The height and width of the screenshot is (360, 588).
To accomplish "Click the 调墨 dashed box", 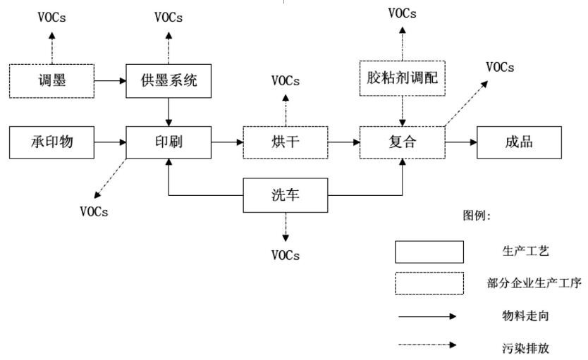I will point(51,80).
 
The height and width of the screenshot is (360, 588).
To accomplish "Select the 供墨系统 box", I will point(168,80).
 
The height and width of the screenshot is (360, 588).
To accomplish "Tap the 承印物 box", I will point(51,143).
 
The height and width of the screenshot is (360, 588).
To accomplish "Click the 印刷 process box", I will point(168,143).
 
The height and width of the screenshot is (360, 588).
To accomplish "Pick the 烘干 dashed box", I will point(285,143).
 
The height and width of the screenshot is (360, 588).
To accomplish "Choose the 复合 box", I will point(402,143).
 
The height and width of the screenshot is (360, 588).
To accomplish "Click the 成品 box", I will point(519,143).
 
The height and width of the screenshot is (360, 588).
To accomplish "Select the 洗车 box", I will point(285,195).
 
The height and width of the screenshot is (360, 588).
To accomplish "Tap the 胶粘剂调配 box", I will point(402,78).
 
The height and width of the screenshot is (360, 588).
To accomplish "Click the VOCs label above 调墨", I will point(51,18).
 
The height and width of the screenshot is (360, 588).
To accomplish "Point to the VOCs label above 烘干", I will point(285,81).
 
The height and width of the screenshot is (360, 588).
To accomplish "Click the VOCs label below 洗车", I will point(285,255).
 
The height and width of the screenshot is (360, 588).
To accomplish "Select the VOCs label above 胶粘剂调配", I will point(402,13).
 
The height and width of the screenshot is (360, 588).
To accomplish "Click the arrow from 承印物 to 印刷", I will point(109,143).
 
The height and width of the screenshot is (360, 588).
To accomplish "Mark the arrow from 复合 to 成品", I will point(460,143).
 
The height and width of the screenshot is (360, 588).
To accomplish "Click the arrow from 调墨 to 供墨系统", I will point(109,80).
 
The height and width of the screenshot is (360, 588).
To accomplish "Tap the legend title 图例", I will point(477,216).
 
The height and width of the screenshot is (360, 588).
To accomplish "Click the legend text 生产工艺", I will point(520,252).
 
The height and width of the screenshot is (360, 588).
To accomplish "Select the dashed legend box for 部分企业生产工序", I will point(429,283).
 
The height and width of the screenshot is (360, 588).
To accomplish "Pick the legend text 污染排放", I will point(520,347).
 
